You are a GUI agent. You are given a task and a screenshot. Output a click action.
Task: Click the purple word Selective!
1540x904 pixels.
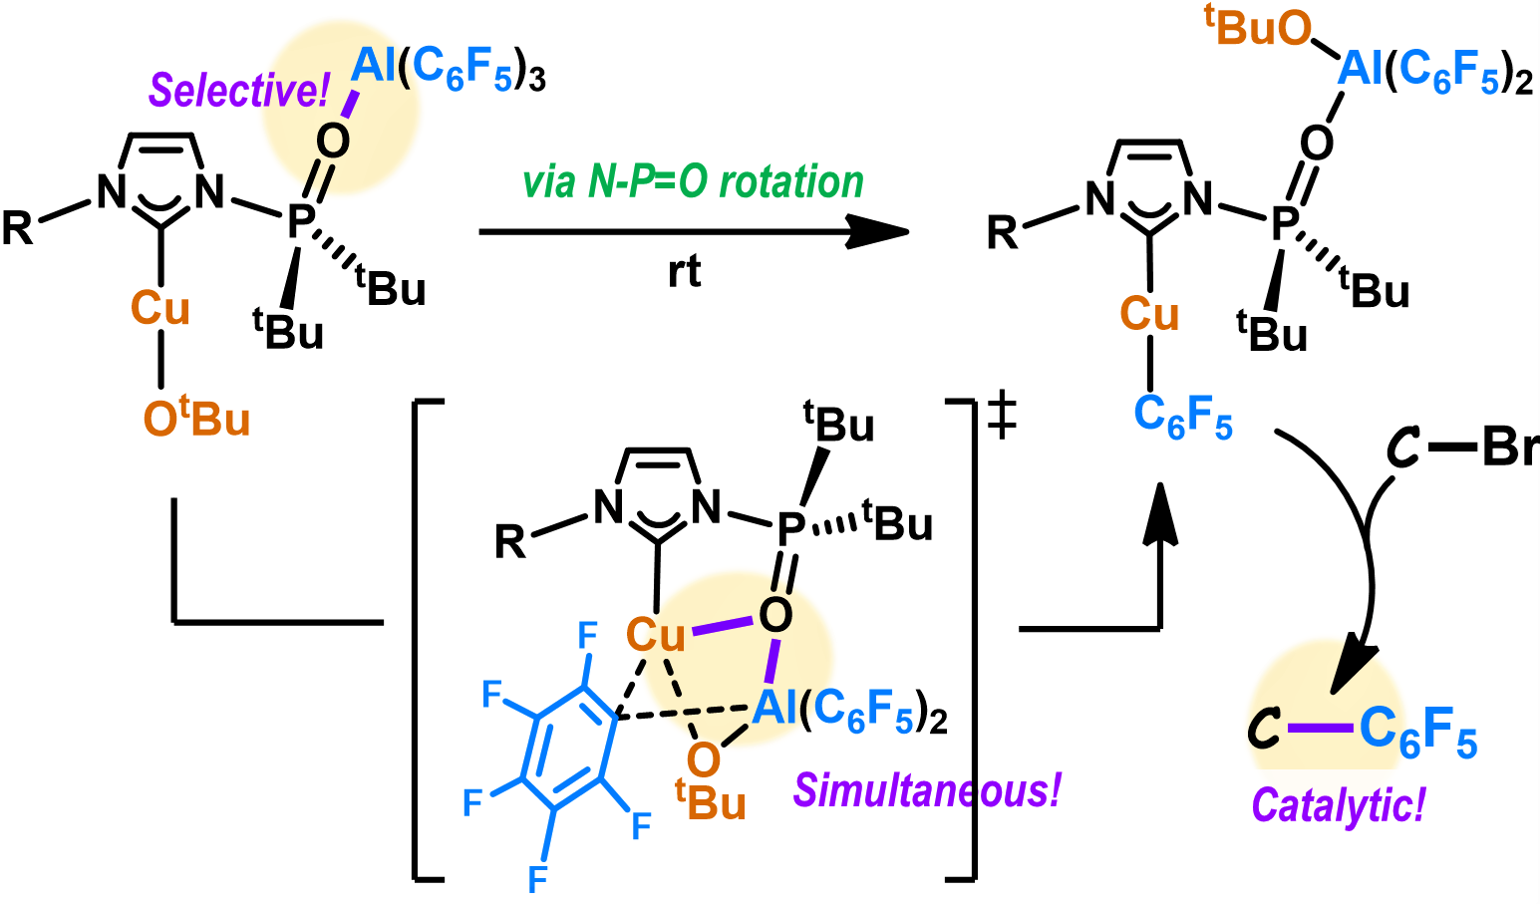pos(238,92)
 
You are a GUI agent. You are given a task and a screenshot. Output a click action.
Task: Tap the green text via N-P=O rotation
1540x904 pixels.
pos(693,182)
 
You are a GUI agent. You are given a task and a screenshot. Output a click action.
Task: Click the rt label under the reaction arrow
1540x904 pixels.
pos(684,272)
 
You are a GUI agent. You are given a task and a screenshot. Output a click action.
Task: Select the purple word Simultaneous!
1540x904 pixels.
pos(927,790)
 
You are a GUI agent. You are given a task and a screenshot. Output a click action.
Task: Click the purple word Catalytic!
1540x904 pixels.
pos(1338,805)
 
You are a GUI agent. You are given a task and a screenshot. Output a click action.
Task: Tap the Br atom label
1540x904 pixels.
pos(1509,448)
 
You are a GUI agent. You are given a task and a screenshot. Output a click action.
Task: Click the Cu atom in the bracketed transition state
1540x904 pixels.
pos(656,635)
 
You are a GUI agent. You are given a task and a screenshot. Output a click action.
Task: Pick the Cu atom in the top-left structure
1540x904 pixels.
pos(159,308)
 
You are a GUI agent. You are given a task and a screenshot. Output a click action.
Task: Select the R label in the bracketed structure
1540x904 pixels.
pos(510,542)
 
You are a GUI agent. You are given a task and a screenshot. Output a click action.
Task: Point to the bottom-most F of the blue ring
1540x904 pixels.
pos(537,878)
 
